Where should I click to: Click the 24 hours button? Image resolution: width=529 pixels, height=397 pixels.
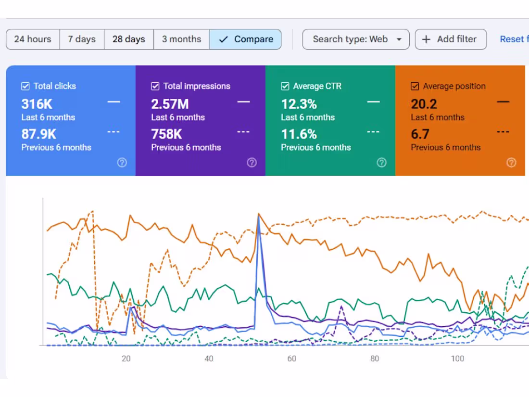tap(33, 39)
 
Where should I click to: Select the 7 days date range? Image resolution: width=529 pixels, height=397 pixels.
tap(82, 39)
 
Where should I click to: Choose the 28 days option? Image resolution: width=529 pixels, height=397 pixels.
tap(129, 39)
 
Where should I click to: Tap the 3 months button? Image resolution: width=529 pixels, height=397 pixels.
tap(181, 39)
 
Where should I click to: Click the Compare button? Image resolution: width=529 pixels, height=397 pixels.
tap(246, 39)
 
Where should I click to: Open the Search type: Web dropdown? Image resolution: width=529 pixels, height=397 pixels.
tap(356, 39)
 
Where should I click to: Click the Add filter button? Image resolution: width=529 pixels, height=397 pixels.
tap(451, 39)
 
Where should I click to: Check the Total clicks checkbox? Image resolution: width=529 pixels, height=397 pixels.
tap(25, 86)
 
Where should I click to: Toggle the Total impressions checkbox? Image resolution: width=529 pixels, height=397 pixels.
tap(155, 86)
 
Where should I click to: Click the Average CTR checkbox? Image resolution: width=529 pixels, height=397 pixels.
tap(285, 86)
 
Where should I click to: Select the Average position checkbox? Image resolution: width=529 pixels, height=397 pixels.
tap(415, 86)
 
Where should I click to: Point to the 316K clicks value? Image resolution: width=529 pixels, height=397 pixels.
tap(37, 104)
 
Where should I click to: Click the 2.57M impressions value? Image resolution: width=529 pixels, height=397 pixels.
tap(170, 104)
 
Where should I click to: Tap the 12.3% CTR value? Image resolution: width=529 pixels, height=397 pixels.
tap(299, 104)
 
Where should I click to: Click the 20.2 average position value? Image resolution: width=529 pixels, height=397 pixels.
tap(424, 104)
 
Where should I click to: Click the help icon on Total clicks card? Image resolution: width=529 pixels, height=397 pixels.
tap(122, 163)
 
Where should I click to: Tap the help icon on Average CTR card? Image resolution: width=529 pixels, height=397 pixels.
tap(381, 163)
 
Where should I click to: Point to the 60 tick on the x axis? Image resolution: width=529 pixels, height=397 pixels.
tap(292, 359)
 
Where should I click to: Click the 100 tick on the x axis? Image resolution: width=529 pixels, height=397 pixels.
tap(457, 359)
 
